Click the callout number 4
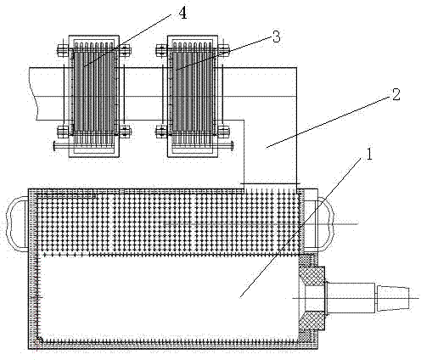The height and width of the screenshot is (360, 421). (182, 13)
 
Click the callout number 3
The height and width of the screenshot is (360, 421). (276, 37)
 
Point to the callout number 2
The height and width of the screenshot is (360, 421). (396, 94)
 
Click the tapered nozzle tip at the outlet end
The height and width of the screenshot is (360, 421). (393, 298)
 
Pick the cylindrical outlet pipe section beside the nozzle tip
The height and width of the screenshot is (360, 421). (351, 298)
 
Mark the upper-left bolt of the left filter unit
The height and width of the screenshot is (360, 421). (64, 50)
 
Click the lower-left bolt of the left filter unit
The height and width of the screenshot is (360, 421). (64, 131)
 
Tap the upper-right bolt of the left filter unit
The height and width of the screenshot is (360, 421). (124, 50)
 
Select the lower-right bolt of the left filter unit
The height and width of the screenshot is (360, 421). (124, 132)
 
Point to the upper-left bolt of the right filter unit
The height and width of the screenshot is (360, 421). (162, 50)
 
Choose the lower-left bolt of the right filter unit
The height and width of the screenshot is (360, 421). (162, 131)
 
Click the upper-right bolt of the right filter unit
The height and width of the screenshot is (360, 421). (222, 50)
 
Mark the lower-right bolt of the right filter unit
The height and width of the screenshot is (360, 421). (223, 132)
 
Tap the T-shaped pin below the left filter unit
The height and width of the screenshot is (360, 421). (63, 146)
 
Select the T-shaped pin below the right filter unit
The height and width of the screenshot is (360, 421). (223, 145)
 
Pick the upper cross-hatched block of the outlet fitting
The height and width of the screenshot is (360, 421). (313, 275)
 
